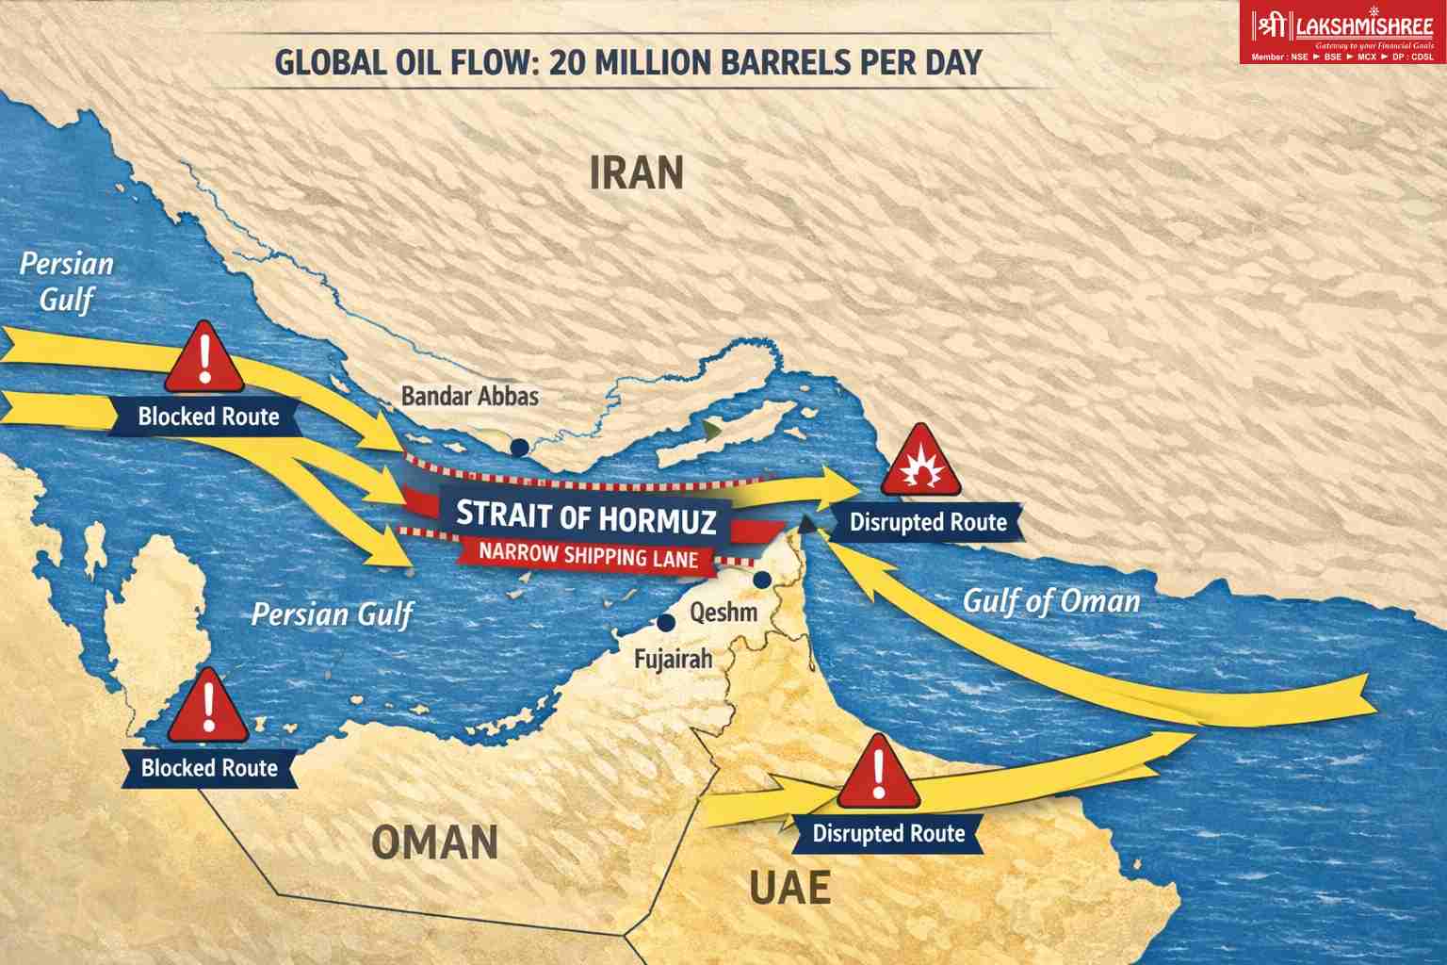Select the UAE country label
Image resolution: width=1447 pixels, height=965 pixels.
point(789,888)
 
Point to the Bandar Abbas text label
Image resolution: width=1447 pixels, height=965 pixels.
point(470,396)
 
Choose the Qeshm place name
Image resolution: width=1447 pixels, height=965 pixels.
point(723,613)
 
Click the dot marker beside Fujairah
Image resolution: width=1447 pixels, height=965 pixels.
point(666,623)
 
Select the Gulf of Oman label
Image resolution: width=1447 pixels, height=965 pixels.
point(1050,600)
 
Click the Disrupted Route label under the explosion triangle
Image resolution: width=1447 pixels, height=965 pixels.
point(927,522)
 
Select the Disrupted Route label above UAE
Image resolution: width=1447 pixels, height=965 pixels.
point(887,833)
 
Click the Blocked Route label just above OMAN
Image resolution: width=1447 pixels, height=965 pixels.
point(209,768)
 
